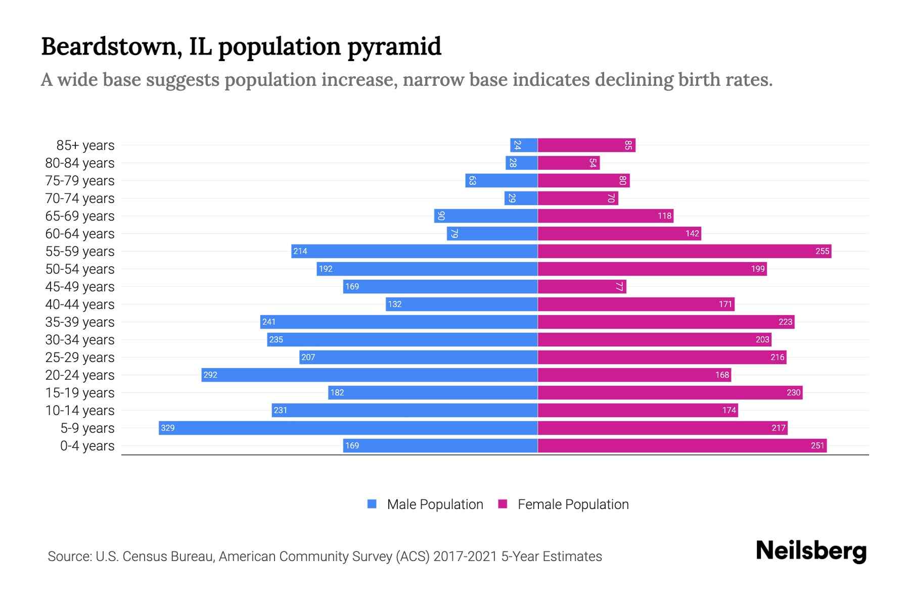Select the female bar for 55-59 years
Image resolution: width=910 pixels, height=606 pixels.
[x=684, y=251]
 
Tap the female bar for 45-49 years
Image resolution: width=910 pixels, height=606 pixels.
[x=581, y=286]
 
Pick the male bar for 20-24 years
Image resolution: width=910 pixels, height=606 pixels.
[x=369, y=375]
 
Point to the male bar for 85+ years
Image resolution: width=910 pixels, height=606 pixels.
[x=524, y=145]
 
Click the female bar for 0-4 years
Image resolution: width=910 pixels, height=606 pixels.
[x=682, y=445]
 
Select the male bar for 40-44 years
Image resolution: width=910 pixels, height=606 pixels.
[x=461, y=304]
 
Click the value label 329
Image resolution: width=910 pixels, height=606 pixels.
[x=167, y=428]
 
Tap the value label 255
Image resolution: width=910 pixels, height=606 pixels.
[x=822, y=251]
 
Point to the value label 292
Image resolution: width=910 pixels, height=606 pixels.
[x=210, y=375]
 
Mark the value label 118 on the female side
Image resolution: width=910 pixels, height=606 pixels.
[x=664, y=216]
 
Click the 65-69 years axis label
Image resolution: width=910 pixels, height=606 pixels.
[x=80, y=216]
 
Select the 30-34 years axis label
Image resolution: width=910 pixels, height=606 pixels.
[x=80, y=339]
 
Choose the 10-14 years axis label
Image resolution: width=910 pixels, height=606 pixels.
[x=80, y=410]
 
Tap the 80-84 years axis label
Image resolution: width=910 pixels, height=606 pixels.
[x=80, y=163]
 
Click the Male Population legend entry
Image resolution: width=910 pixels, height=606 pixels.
[x=435, y=504]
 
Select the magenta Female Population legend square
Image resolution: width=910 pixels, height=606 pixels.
[x=503, y=504]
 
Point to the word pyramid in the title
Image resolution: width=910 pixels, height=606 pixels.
[x=394, y=46]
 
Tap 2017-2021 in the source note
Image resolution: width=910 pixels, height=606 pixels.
[x=465, y=556]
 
